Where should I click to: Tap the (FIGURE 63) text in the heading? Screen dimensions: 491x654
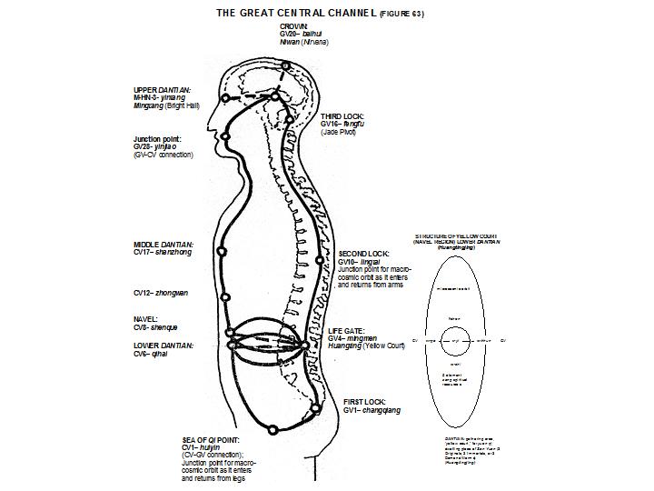[x=401, y=15]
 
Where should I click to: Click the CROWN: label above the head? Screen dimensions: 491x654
[x=294, y=27]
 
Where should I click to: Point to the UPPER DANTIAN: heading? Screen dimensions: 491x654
[x=163, y=90]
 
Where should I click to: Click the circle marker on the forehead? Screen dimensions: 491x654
[x=223, y=98]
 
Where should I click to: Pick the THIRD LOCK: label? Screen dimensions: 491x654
[x=342, y=117]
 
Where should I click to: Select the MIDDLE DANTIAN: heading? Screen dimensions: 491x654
[x=163, y=245]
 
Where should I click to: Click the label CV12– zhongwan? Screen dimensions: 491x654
[x=162, y=294]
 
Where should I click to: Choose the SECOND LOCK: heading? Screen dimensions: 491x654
[x=363, y=253]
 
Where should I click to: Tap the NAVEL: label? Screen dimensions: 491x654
[x=146, y=319]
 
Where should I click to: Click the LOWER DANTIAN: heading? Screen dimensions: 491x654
[x=164, y=346]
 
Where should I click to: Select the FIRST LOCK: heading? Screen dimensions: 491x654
[x=364, y=401]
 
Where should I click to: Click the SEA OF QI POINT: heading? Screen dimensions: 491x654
[x=213, y=440]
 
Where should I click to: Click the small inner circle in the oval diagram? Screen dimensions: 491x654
[x=456, y=340]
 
